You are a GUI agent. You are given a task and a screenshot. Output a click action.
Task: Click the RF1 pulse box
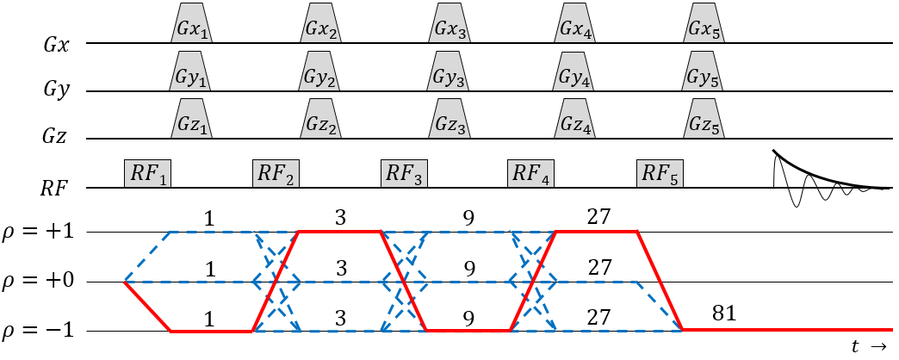tap(147, 173)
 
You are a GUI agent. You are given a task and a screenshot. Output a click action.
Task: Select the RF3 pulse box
tap(405, 173)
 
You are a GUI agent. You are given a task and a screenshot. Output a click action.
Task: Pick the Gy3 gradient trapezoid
tap(450, 75)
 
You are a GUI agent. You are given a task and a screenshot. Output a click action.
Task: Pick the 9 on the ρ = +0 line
tap(468, 266)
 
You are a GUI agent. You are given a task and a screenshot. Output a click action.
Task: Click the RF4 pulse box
tap(531, 173)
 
